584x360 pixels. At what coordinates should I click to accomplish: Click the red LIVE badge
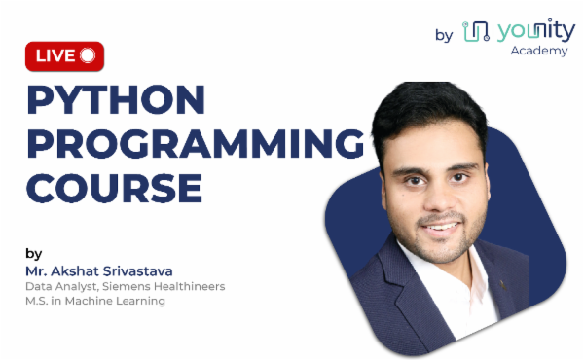[x=64, y=55]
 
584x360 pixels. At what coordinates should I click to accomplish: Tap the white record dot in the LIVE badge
[x=89, y=55]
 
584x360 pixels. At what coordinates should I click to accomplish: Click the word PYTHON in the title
[x=116, y=100]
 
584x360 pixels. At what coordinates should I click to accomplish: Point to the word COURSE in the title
[x=114, y=186]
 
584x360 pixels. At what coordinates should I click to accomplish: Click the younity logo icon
[x=475, y=32]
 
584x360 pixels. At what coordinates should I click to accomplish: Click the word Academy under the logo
[x=538, y=50]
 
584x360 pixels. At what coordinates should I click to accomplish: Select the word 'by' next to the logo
[x=444, y=35]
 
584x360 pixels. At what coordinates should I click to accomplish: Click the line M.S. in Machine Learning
[x=95, y=301]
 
